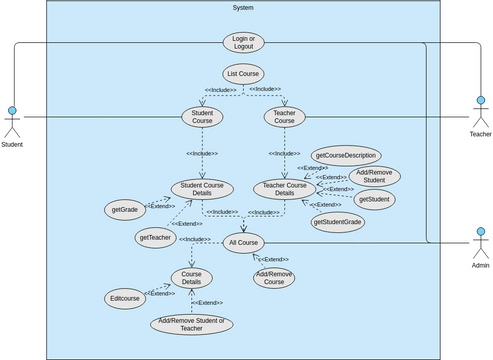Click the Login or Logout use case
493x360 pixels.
click(x=244, y=41)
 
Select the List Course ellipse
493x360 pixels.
click(x=244, y=74)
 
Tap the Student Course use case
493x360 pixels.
click(x=202, y=117)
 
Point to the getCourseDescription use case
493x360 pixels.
click(x=345, y=154)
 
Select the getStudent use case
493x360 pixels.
click(x=373, y=200)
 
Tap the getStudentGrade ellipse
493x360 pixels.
click(x=337, y=221)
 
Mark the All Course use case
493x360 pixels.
click(x=244, y=243)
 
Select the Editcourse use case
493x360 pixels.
click(x=125, y=298)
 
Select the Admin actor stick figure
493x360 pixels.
click(x=480, y=245)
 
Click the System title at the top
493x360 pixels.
click(x=243, y=8)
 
